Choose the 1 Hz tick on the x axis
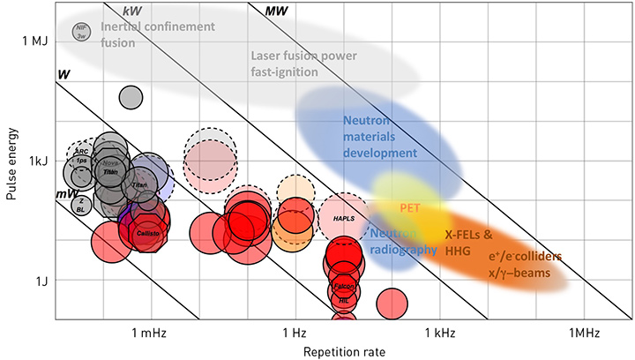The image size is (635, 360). tap(295, 334)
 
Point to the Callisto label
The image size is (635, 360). tap(146, 233)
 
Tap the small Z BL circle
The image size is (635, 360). tap(81, 205)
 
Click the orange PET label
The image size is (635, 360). tap(409, 208)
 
